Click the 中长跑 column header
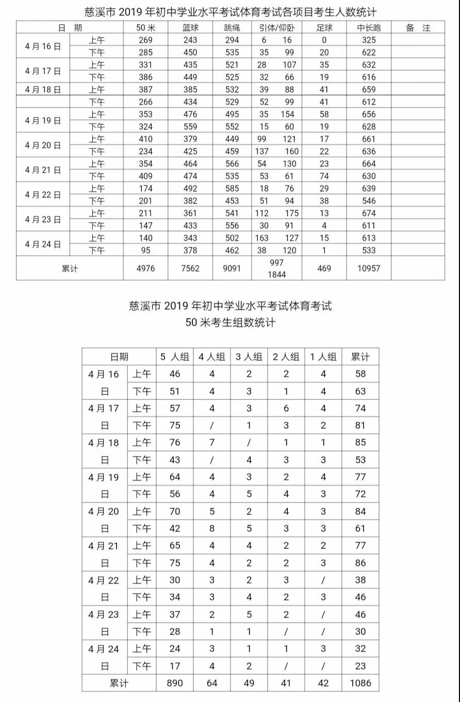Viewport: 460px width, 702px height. pyautogui.click(x=369, y=28)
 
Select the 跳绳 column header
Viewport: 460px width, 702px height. pyautogui.click(x=232, y=28)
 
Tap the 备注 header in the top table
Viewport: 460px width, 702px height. pyautogui.click(x=418, y=28)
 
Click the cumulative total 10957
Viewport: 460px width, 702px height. pyautogui.click(x=369, y=269)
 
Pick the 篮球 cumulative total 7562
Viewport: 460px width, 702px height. pyautogui.click(x=190, y=269)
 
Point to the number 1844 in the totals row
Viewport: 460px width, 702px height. pyautogui.click(x=277, y=275)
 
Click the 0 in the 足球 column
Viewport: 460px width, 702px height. pyautogui.click(x=324, y=40)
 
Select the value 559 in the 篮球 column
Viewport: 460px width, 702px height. pyautogui.click(x=190, y=127)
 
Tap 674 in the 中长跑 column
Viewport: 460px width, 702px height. pyautogui.click(x=369, y=213)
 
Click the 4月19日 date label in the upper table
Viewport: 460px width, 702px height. pyautogui.click(x=43, y=121)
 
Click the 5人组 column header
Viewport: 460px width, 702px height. pyautogui.click(x=175, y=357)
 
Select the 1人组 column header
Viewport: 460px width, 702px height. pyautogui.click(x=323, y=357)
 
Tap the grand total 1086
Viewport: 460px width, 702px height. pyautogui.click(x=360, y=683)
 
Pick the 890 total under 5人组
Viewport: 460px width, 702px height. pyautogui.click(x=175, y=683)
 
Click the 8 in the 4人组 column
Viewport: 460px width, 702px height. pyautogui.click(x=212, y=528)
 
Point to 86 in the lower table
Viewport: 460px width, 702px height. pyautogui.click(x=360, y=563)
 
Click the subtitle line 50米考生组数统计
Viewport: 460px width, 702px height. pyautogui.click(x=230, y=323)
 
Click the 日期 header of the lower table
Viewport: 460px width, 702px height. pyautogui.click(x=119, y=357)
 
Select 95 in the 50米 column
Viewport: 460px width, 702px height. pyautogui.click(x=145, y=250)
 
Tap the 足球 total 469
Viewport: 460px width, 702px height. pyautogui.click(x=324, y=269)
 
